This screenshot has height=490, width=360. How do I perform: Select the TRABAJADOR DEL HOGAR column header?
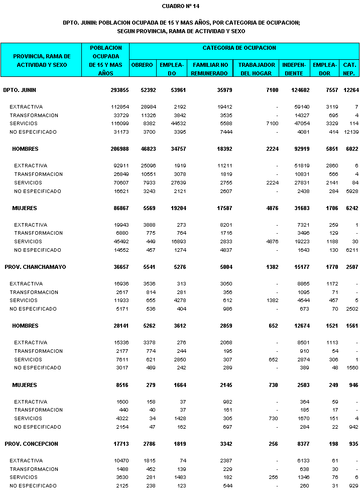[x=257, y=69]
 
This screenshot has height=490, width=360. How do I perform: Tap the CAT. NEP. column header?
[x=349, y=69]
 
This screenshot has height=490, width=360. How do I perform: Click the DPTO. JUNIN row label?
[x=20, y=90]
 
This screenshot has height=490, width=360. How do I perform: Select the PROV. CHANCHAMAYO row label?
[x=35, y=267]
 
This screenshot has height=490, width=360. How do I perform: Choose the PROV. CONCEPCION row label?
[x=32, y=444]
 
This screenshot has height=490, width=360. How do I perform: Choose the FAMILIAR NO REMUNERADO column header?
[x=210, y=69]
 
